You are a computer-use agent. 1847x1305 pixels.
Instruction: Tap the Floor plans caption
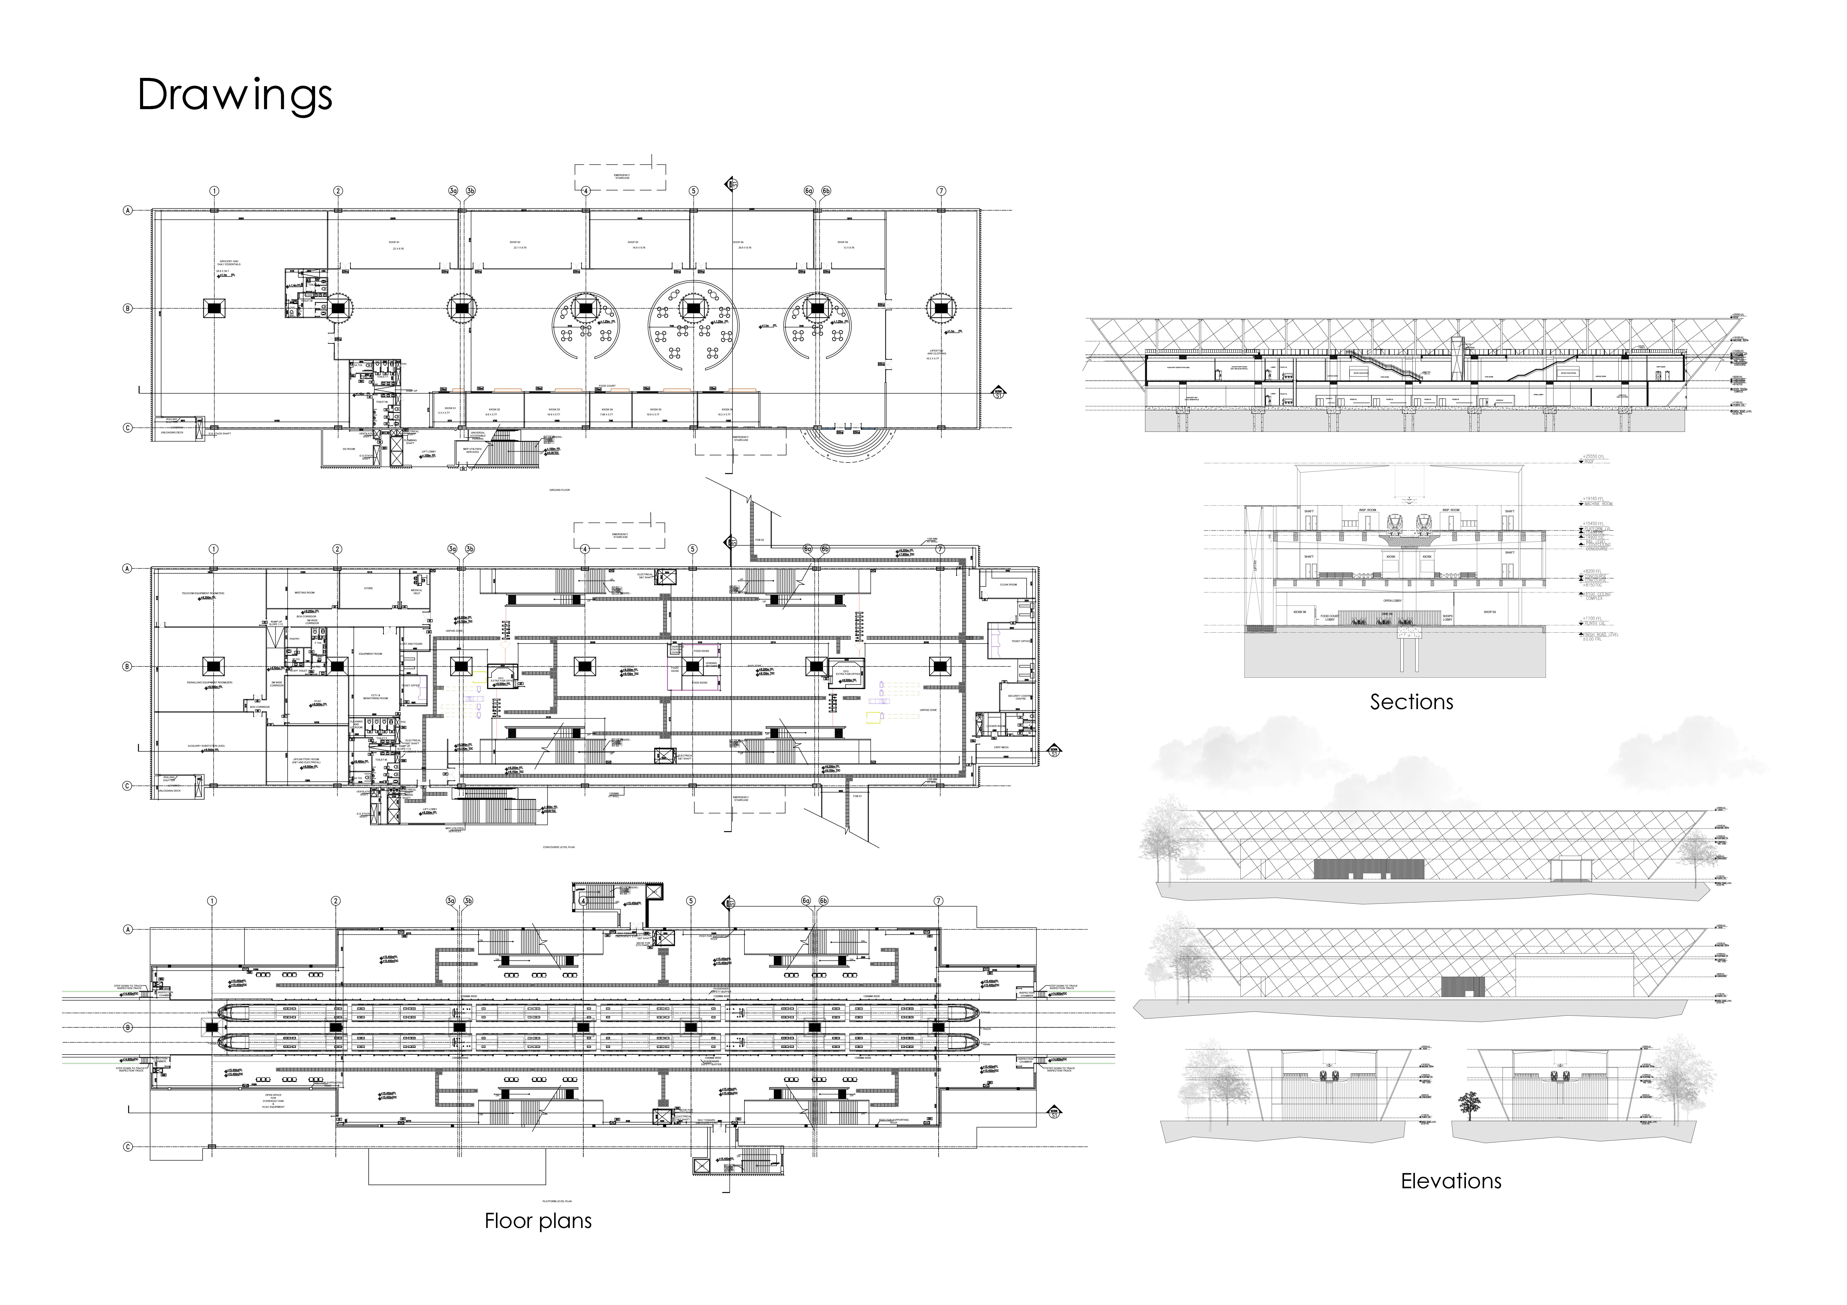[537, 1221]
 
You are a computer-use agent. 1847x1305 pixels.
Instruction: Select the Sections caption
[1411, 702]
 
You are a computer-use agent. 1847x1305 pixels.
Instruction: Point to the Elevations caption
[1451, 1180]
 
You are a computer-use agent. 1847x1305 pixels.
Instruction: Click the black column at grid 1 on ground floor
[215, 308]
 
